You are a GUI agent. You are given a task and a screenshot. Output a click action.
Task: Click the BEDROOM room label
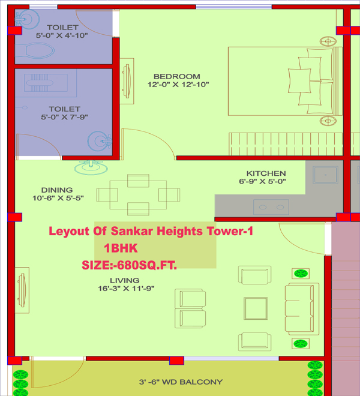pos(177,76)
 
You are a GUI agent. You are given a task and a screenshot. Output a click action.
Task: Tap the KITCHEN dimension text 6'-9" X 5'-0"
pos(262,181)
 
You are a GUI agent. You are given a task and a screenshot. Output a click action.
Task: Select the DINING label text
pos(57,190)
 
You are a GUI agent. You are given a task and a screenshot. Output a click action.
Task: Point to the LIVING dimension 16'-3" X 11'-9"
pos(126,289)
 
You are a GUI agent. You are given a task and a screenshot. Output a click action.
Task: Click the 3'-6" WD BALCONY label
pos(181,382)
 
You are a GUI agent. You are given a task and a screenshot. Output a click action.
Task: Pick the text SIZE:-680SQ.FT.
pos(130,265)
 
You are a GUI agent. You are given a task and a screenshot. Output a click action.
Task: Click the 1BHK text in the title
pos(121,248)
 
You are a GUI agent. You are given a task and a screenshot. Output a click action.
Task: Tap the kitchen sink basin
pos(325,175)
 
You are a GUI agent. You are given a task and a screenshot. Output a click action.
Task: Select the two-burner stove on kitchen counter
pos(271,207)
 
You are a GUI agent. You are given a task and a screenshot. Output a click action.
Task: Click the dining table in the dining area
pos(138,195)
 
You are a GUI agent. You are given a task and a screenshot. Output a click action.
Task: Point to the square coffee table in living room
pos(256,308)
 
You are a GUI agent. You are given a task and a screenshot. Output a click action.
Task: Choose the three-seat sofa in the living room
pos(302,309)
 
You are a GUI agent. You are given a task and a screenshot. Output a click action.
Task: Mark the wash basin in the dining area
pos(91,167)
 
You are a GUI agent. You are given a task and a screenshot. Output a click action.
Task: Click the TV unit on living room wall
pos(22,290)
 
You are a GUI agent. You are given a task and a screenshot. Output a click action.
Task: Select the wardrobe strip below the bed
pos(286,144)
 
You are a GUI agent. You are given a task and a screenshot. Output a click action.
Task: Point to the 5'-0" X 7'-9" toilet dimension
pos(64,117)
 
